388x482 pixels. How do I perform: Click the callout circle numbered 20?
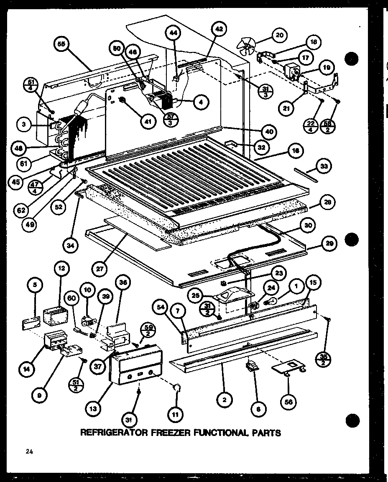pos(279,35)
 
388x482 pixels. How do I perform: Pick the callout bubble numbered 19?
pos(326,67)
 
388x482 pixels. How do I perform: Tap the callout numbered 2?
pos(225,400)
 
